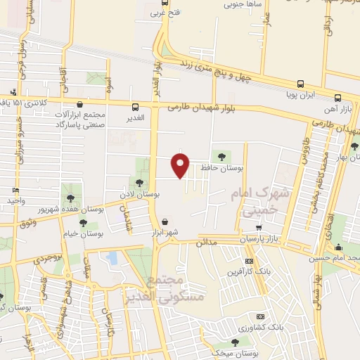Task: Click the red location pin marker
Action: [x=181, y=165]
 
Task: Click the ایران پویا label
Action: [x=303, y=92]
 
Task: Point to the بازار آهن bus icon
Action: [x=338, y=98]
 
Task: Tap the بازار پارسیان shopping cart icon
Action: [x=259, y=228]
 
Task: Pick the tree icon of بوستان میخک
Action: [x=235, y=342]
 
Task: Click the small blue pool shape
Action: [x=112, y=258]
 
